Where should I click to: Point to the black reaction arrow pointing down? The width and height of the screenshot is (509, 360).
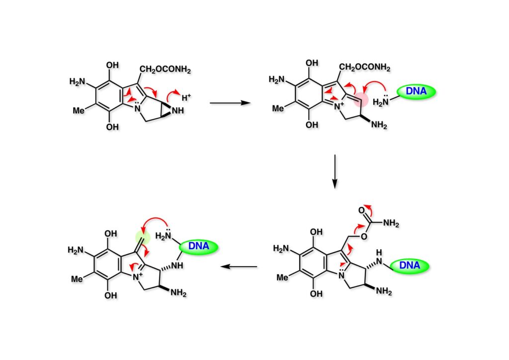pos(335,172)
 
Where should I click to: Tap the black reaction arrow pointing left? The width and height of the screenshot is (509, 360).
pos(239,267)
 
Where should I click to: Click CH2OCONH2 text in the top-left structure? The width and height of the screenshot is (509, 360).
pos(166,69)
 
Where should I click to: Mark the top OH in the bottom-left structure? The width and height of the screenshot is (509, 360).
pos(113,233)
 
